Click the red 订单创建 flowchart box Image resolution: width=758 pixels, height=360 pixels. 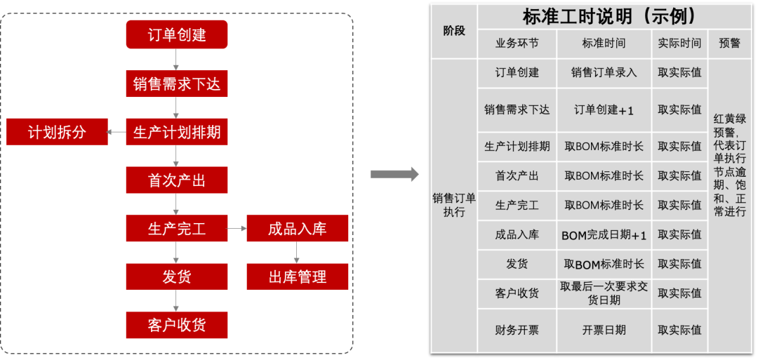(x=177, y=34)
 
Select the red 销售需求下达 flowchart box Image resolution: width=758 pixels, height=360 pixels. (x=177, y=84)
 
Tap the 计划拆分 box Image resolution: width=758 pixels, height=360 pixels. (x=57, y=132)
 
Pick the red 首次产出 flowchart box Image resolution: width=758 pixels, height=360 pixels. (x=177, y=180)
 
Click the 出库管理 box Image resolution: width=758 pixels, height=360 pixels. (x=298, y=276)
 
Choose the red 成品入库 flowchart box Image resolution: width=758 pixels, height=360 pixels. (x=298, y=229)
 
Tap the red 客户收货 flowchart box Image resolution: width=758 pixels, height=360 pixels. (x=177, y=325)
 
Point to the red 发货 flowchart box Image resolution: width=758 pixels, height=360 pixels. (x=177, y=276)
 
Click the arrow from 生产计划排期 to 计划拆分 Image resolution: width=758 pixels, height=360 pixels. (x=117, y=132)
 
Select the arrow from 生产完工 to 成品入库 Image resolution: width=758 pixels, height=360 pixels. (x=237, y=229)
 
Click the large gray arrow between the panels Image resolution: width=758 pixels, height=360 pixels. (x=394, y=174)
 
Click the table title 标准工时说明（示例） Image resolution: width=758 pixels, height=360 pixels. (x=609, y=16)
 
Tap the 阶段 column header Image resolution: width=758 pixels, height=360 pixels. (x=454, y=31)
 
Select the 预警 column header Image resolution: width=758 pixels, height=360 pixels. (x=730, y=43)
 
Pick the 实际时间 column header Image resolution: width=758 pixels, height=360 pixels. (x=679, y=43)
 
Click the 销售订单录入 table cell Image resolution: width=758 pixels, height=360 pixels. (x=604, y=72)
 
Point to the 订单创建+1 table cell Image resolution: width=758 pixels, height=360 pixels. (x=604, y=109)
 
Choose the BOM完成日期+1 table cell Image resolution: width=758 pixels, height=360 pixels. (x=604, y=235)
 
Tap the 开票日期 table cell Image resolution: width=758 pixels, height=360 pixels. (x=604, y=330)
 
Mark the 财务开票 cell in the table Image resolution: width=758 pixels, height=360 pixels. (x=517, y=330)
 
